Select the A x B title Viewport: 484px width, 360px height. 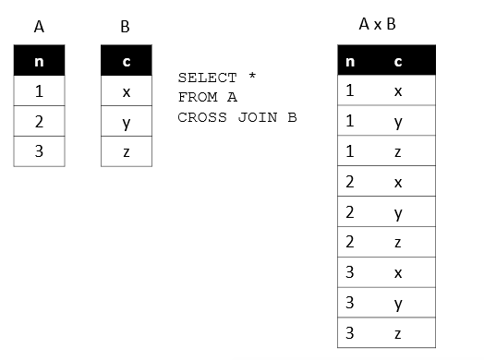click(377, 23)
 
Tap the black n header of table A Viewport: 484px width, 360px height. click(39, 63)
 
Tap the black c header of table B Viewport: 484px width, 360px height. click(126, 63)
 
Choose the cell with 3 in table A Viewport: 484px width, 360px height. click(39, 151)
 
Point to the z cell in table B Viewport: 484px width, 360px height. click(126, 151)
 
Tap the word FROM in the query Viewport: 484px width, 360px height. click(196, 97)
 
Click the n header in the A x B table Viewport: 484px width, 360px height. click(350, 63)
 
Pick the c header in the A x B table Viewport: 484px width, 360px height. click(397, 63)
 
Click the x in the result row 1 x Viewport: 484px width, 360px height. click(397, 91)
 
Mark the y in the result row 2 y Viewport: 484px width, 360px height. click(397, 213)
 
